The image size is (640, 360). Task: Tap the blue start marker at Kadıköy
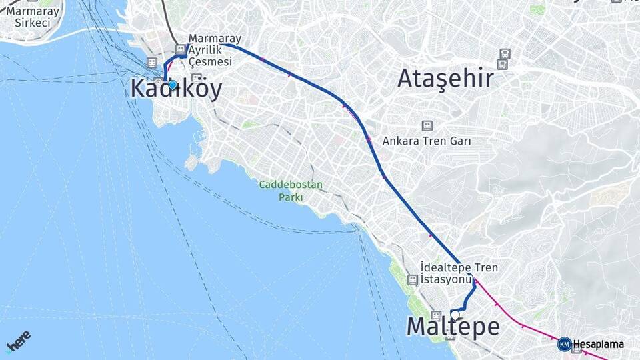[173, 85]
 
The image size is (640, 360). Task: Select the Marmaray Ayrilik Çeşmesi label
[215, 50]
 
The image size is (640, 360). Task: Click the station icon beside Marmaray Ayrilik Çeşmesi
[181, 49]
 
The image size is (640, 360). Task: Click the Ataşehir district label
[445, 79]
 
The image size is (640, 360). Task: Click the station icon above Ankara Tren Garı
[427, 125]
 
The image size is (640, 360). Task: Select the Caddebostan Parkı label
[291, 191]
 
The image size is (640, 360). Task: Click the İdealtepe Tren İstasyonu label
[459, 273]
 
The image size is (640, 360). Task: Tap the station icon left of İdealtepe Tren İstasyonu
[413, 280]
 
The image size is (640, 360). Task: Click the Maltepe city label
[453, 327]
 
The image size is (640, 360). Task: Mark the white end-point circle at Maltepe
[455, 315]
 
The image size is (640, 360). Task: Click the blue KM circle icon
[564, 345]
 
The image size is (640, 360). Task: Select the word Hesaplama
[598, 345]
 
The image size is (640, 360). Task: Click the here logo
[18, 342]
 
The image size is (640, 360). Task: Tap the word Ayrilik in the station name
[205, 50]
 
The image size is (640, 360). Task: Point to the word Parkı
[291, 197]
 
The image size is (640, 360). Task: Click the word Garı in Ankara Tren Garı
[461, 141]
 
